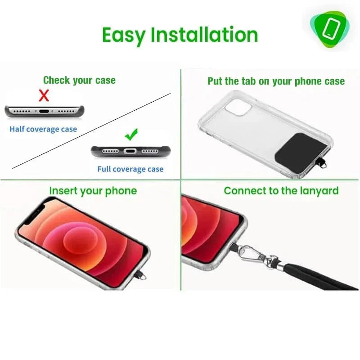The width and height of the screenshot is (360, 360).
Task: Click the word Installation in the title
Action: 204,35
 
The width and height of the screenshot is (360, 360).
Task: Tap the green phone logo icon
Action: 330,29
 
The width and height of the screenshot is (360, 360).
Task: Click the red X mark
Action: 44,95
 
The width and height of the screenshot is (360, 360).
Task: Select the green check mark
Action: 131,134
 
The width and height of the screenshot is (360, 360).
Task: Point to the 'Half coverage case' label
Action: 43,129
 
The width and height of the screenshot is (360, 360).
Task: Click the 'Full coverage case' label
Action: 130,169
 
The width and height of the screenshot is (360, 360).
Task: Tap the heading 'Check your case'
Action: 80,81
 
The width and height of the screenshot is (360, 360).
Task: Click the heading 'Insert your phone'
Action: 93,191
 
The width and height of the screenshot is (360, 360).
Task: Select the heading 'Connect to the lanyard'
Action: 281,191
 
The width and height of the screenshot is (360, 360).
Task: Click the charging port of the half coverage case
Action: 44,111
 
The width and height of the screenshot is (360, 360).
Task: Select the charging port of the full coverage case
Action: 130,151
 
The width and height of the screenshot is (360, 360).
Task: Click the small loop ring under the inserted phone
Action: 143,277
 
